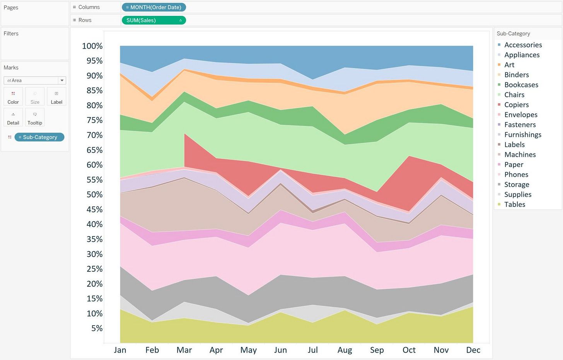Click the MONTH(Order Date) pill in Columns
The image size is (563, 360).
point(154,7)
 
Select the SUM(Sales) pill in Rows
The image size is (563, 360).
point(154,20)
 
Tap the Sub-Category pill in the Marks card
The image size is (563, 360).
point(39,137)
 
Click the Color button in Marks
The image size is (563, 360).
point(13,97)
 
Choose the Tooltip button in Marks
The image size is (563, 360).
point(35,118)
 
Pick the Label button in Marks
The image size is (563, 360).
point(56,97)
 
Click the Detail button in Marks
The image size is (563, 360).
point(13,118)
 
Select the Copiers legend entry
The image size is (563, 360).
point(516,105)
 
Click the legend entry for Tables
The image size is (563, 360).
point(515,205)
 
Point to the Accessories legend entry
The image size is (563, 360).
point(523,45)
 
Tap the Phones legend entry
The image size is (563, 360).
point(516,175)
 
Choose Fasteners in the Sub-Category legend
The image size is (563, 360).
point(520,125)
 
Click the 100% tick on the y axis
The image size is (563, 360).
point(92,46)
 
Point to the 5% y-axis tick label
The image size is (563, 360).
point(97,328)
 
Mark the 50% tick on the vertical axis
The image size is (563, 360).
point(94,195)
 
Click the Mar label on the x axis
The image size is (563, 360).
point(184,350)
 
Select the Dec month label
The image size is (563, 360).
point(473,350)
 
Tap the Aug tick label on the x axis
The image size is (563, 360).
point(345,350)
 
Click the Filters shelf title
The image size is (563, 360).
point(11,34)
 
